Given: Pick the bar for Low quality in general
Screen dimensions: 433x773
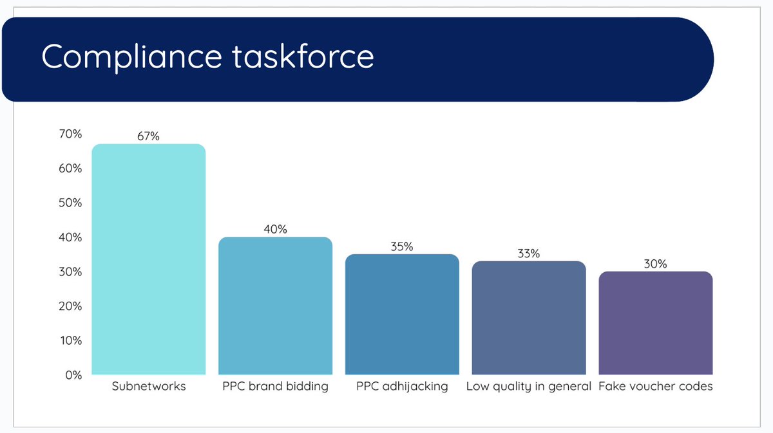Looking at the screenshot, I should [x=529, y=318].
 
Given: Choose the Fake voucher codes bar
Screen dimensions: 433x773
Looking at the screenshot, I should [x=655, y=323].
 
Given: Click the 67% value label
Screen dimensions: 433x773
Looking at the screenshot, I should [x=148, y=136].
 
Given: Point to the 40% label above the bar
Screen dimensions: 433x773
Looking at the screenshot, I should [x=275, y=229].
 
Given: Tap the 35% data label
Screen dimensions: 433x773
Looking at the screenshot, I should [x=402, y=246].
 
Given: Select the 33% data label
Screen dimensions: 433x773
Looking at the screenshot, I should [x=529, y=253].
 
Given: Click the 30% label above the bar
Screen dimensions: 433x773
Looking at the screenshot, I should [x=655, y=264].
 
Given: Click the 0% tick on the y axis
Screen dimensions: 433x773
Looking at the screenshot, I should [x=72, y=375].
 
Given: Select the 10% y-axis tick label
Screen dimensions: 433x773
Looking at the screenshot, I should [x=70, y=340].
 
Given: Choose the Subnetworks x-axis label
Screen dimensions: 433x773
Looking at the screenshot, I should [x=148, y=387].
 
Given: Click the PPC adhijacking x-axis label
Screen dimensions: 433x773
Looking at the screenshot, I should [x=402, y=387].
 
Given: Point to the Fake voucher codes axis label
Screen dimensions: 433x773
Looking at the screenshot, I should [x=655, y=387].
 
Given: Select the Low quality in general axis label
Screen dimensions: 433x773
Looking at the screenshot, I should [x=529, y=387].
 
